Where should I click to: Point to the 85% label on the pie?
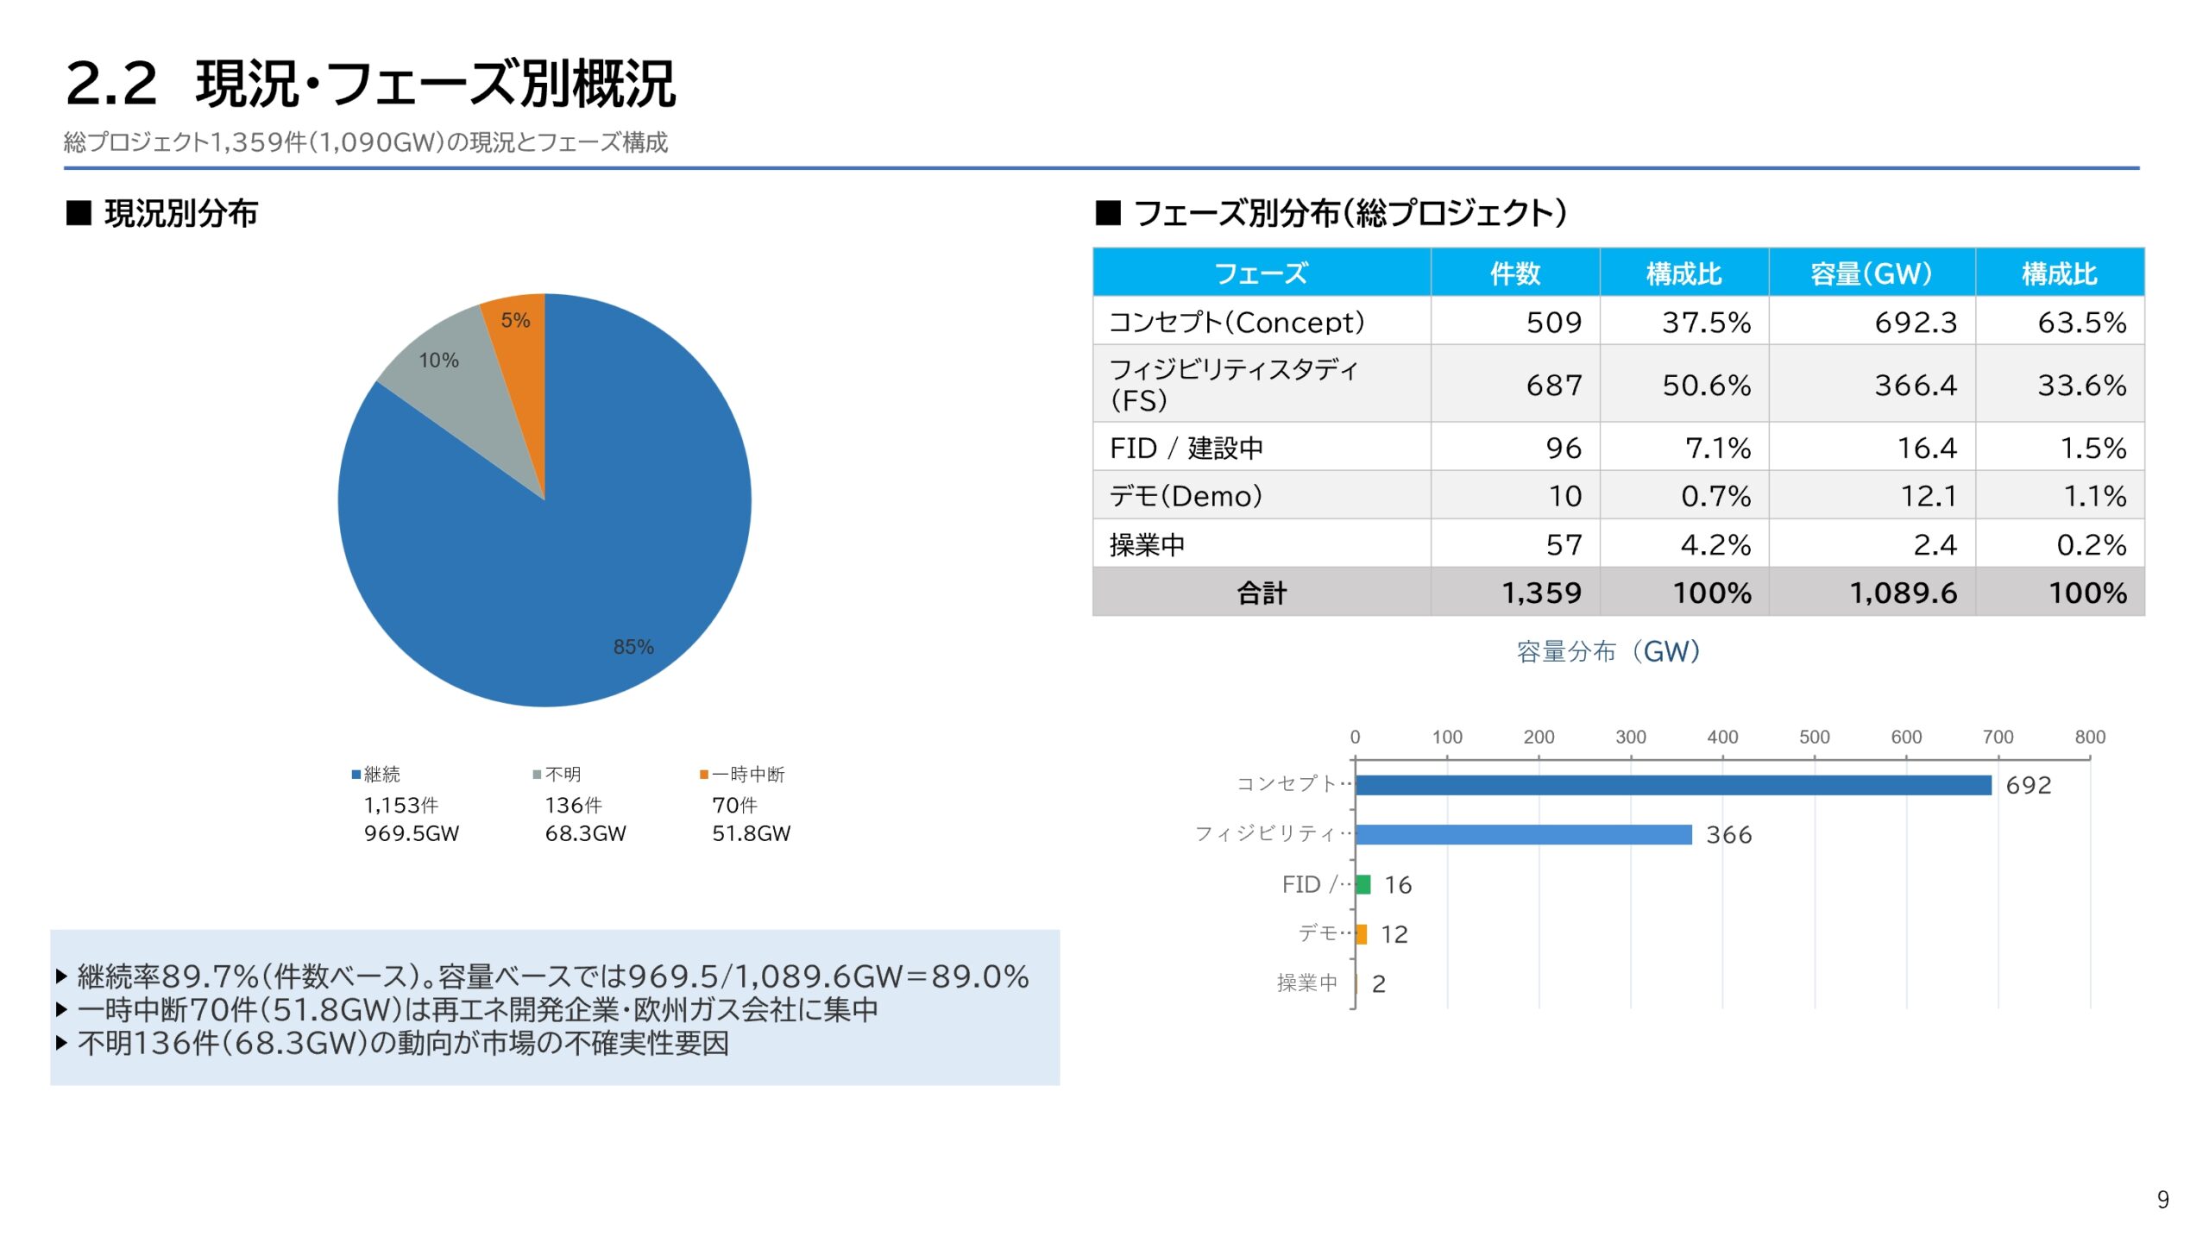[x=633, y=647]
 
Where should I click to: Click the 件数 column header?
[x=1514, y=273]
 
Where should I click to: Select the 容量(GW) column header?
[x=1871, y=273]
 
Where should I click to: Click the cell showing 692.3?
[x=1915, y=323]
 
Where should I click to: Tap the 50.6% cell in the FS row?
[x=1706, y=385]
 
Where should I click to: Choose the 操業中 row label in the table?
[x=1147, y=545]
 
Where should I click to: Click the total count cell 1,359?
[x=1541, y=593]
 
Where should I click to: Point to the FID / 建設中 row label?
[x=1186, y=449]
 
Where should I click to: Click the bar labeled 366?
[x=1523, y=835]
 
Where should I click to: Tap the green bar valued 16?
[x=1363, y=884]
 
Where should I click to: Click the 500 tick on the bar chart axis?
[x=1814, y=738]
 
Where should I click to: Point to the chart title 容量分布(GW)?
[x=1608, y=652]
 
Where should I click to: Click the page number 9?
[x=2162, y=1200]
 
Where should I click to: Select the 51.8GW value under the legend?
[x=751, y=834]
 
